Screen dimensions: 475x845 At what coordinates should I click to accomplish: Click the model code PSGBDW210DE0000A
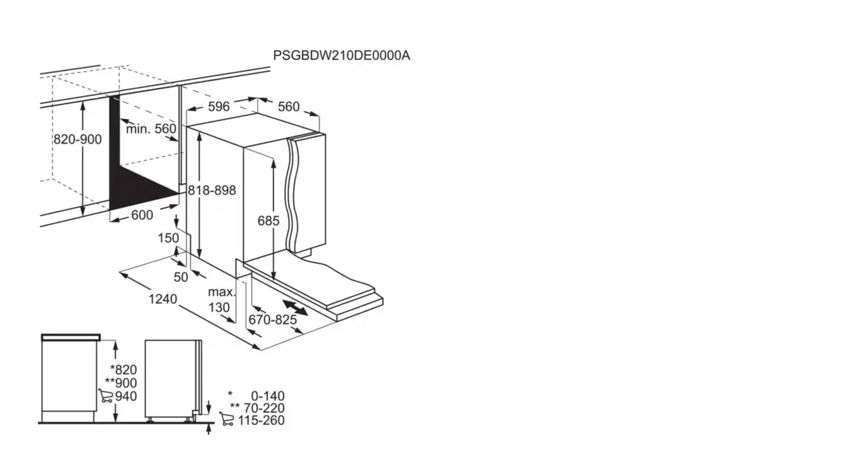click(x=341, y=56)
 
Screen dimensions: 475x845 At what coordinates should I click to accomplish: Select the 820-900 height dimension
click(x=77, y=139)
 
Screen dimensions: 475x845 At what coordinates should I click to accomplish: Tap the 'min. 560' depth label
click(x=151, y=129)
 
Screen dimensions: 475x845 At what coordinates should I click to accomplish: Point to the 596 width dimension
click(x=219, y=107)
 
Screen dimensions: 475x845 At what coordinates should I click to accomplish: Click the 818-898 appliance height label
click(x=211, y=191)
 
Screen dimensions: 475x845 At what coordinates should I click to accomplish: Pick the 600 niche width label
click(x=142, y=215)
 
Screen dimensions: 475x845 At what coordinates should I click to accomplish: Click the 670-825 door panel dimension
click(x=273, y=320)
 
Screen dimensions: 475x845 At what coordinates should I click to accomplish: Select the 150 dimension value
click(x=168, y=239)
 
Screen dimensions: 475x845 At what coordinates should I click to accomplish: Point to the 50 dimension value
click(x=181, y=277)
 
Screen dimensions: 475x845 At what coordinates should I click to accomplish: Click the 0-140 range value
click(x=265, y=396)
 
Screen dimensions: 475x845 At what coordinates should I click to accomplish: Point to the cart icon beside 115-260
click(x=227, y=420)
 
